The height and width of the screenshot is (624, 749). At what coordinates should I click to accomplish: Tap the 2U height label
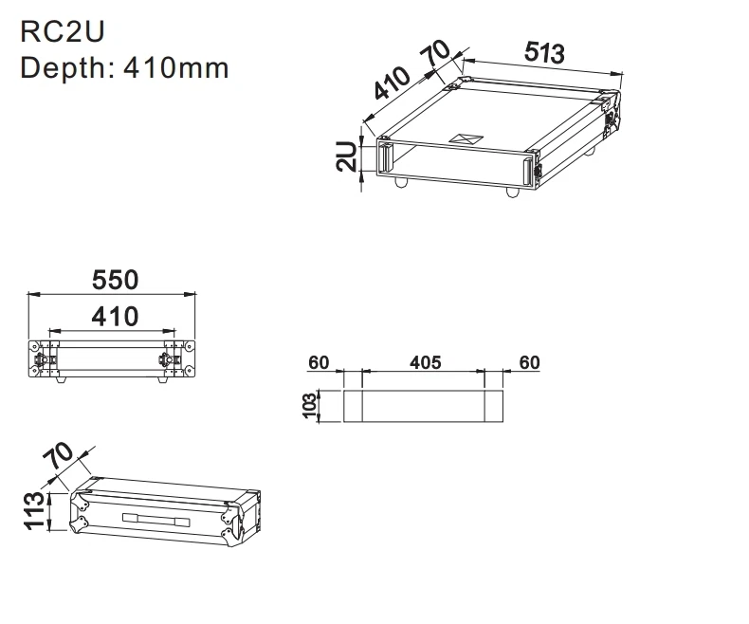point(347,156)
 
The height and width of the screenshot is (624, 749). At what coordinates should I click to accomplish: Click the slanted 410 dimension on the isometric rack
point(392,84)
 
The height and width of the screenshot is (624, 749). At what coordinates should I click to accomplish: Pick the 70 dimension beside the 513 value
point(438,55)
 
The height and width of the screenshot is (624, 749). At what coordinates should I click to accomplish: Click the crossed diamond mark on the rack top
point(467,138)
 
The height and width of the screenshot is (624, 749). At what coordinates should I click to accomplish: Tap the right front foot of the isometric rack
point(513,192)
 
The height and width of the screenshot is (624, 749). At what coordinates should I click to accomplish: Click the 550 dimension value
point(115,280)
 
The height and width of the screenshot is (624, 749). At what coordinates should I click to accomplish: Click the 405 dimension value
point(425,362)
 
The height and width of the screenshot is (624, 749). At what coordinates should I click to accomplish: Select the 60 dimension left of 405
point(319,362)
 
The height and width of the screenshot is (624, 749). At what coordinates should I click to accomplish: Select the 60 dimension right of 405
point(529,362)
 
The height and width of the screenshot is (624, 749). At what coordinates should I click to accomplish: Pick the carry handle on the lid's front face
point(156,518)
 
